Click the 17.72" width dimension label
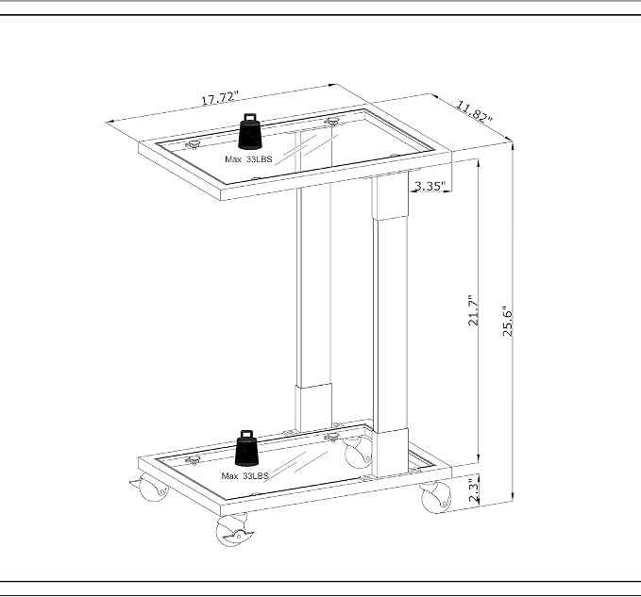(x=220, y=98)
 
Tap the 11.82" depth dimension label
(x=474, y=112)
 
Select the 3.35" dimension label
(x=430, y=186)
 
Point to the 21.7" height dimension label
(x=473, y=310)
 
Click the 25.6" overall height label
(x=507, y=321)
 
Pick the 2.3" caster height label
(x=473, y=491)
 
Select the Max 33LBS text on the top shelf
(x=248, y=159)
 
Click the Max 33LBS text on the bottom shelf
(x=245, y=475)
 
